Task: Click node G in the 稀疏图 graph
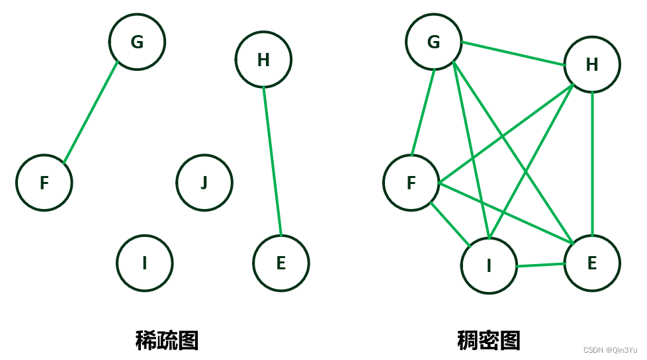(137, 42)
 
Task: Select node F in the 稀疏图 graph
(44, 183)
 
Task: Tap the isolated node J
(204, 183)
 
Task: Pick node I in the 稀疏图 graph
(145, 263)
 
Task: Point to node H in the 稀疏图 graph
(263, 60)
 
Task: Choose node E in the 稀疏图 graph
(280, 263)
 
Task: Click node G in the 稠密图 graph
(434, 42)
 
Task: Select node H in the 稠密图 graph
(592, 64)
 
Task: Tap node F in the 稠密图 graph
(411, 183)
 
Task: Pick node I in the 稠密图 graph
(489, 266)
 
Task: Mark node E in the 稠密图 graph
(592, 263)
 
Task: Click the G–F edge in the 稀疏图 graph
(91, 112)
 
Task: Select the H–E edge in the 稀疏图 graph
(272, 161)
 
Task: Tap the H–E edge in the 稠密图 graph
(592, 163)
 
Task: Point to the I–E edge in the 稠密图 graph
(540, 265)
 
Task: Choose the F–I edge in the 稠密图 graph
(451, 224)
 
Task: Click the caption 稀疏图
(167, 340)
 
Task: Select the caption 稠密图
(489, 340)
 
